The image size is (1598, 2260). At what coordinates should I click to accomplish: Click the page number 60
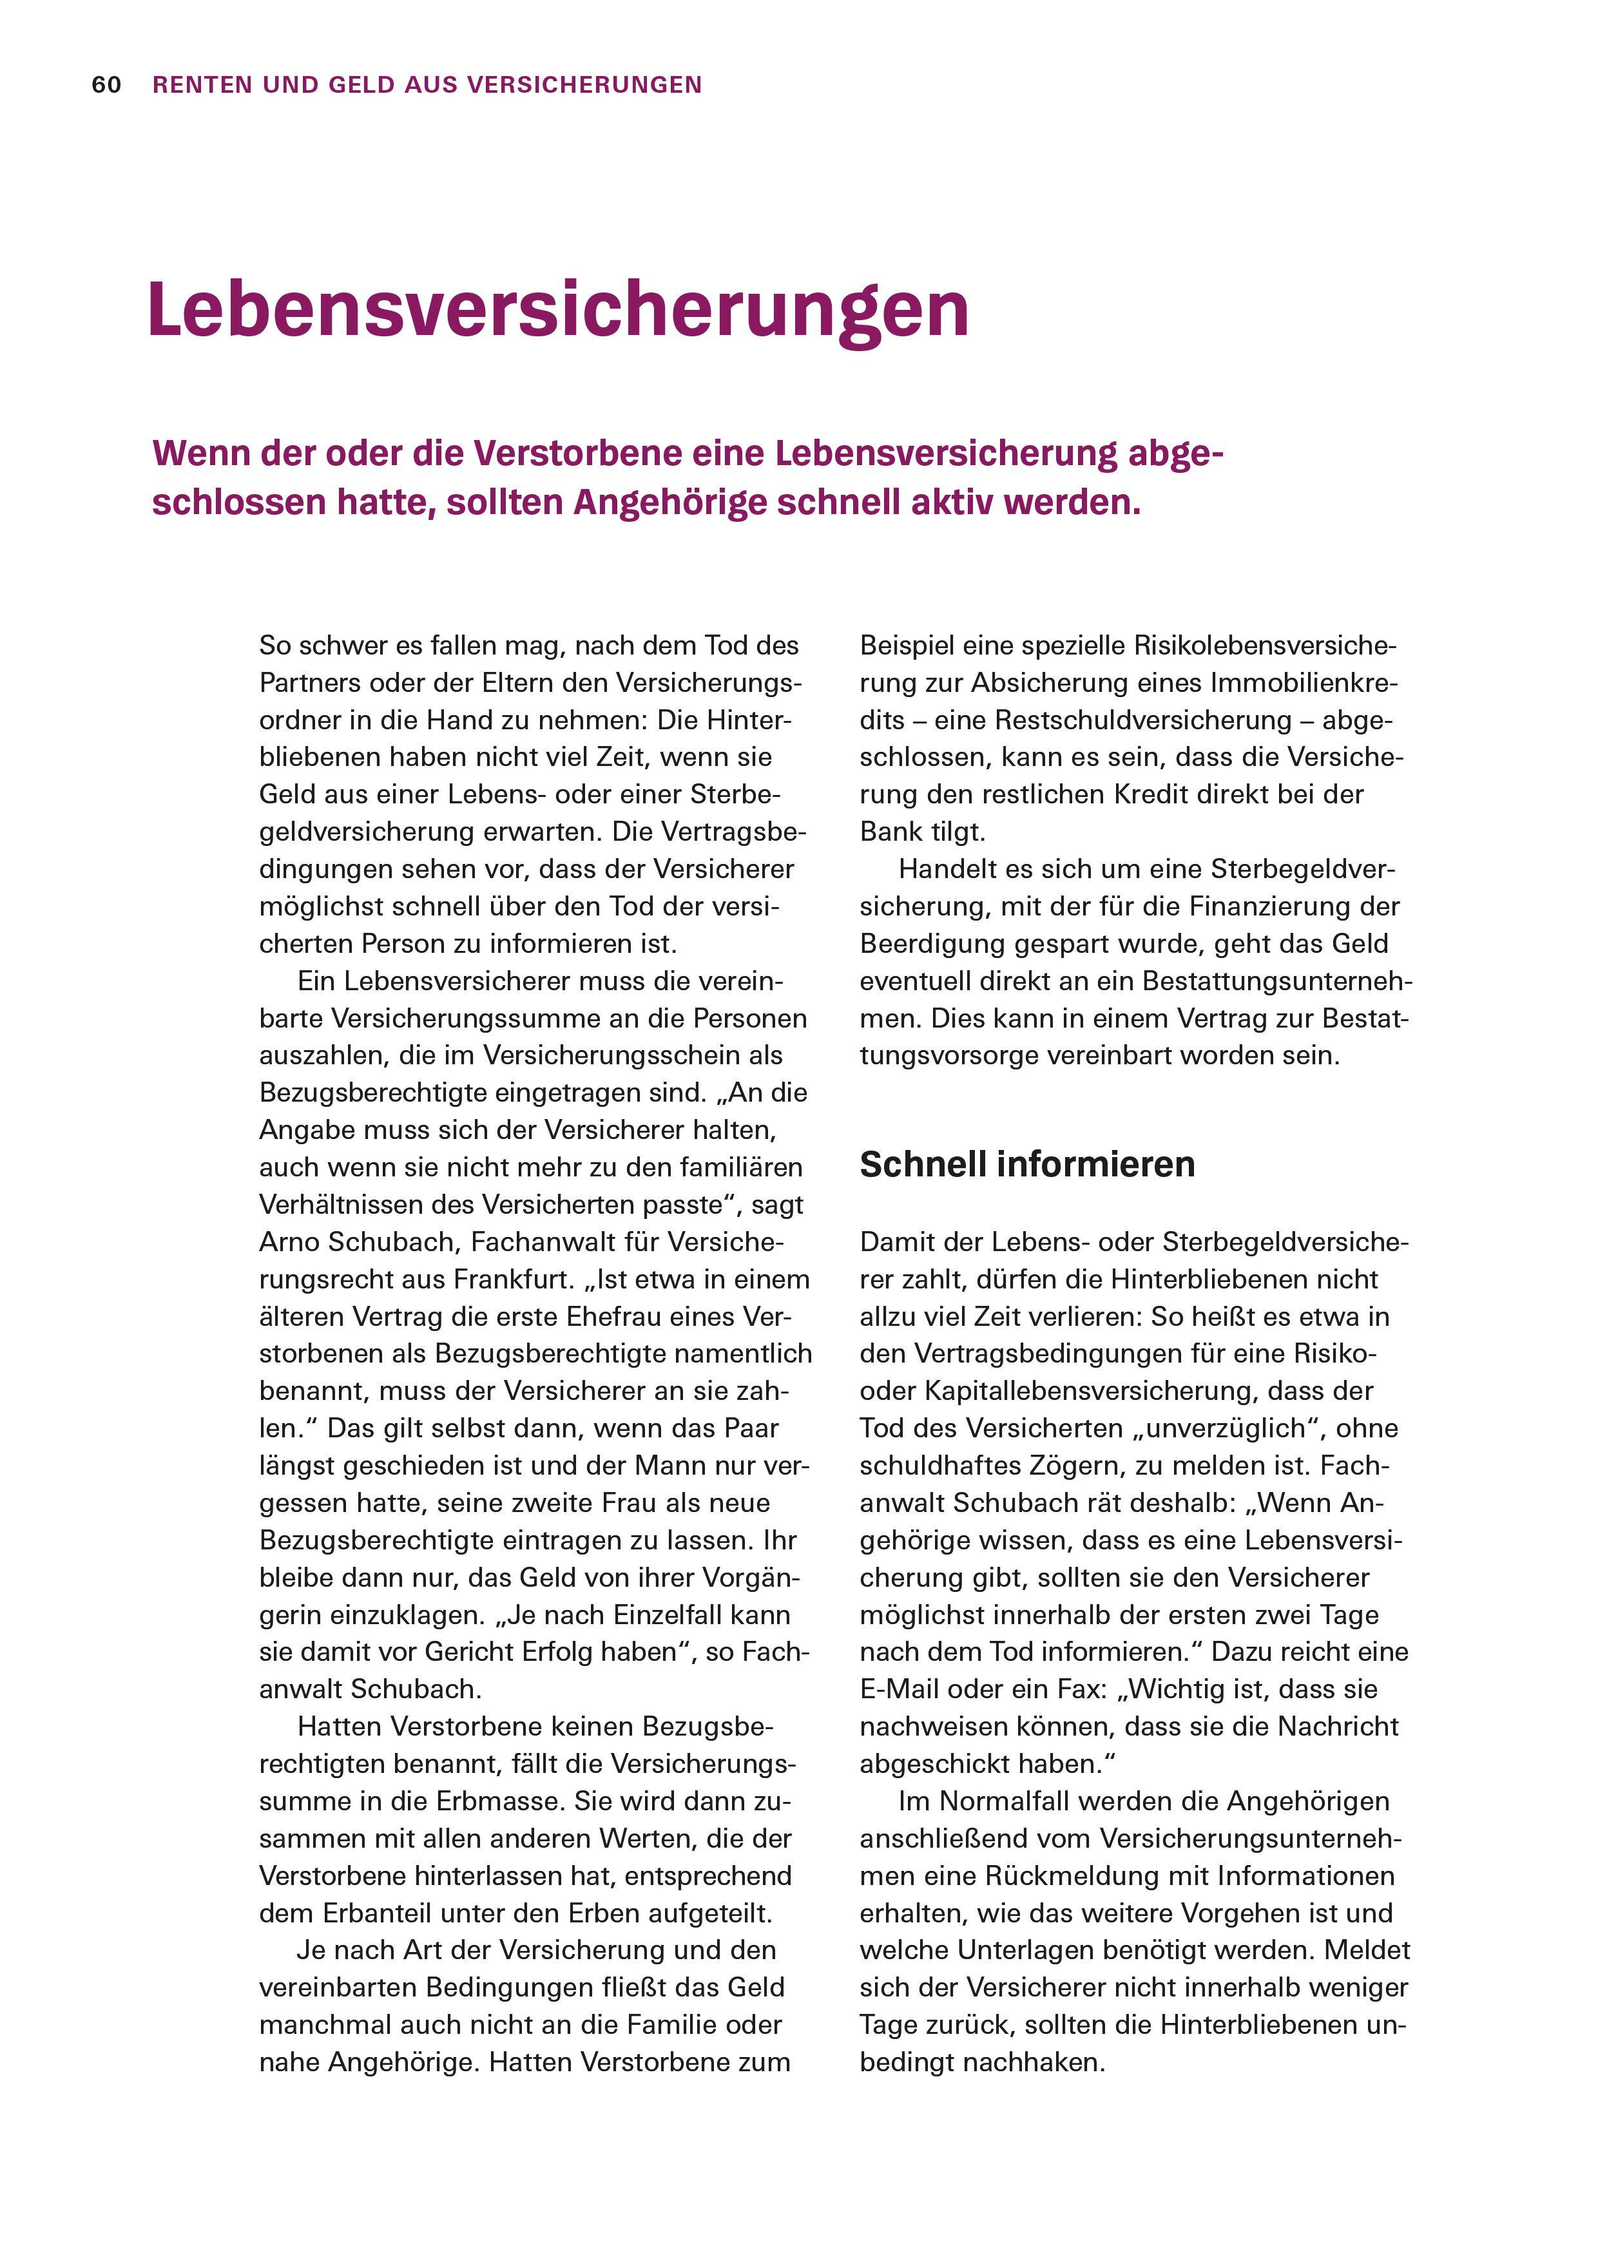[x=106, y=86]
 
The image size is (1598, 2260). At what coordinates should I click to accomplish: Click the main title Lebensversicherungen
[x=558, y=311]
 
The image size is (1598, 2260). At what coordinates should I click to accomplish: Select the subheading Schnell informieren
[x=1027, y=1164]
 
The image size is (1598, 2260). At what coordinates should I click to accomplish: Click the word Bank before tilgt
[x=891, y=833]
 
